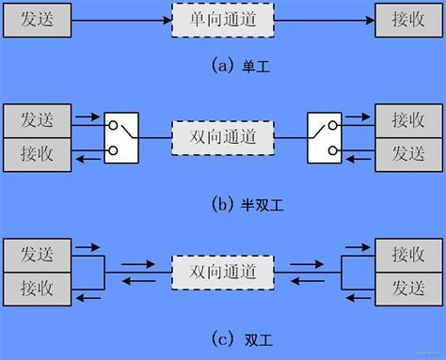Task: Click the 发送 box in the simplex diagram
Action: coord(36,19)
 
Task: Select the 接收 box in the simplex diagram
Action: coord(409,19)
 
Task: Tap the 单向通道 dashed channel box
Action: coord(223,19)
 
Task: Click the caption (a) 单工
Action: coord(223,66)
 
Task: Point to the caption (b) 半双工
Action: coord(223,199)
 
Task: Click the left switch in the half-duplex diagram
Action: coord(121,136)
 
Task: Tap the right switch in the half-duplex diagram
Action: coord(326,136)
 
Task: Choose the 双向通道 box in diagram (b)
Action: coord(223,137)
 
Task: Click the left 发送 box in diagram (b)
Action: coord(36,121)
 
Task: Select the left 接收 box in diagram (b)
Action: coord(36,152)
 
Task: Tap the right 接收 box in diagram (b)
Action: coord(409,121)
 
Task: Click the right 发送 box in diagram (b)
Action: coord(409,152)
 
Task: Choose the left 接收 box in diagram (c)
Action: coord(36,287)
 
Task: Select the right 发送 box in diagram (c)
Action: coord(409,287)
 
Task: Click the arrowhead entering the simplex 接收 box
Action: coord(368,19)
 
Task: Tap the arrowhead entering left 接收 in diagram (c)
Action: coord(78,298)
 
